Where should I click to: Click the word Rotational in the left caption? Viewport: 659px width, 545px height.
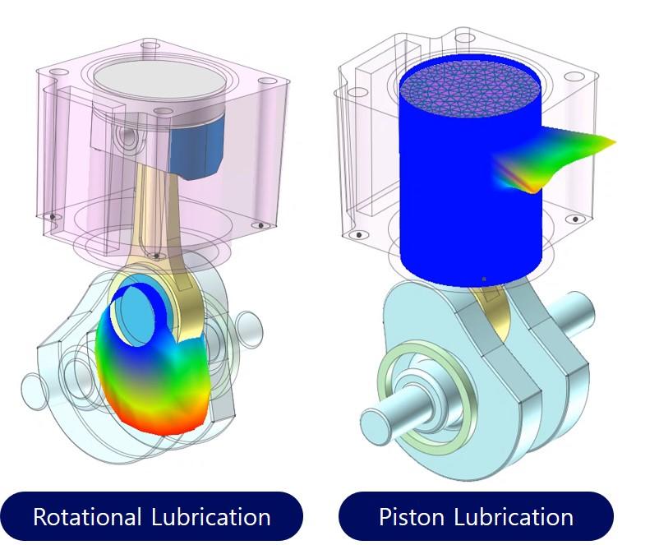[87, 516]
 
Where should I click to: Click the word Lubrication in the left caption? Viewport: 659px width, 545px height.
[211, 516]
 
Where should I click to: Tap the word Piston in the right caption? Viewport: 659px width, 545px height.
[412, 516]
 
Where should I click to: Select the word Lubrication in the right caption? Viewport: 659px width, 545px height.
[514, 516]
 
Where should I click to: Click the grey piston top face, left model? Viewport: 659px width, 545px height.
[160, 81]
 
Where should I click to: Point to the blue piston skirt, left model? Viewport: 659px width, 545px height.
[196, 147]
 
